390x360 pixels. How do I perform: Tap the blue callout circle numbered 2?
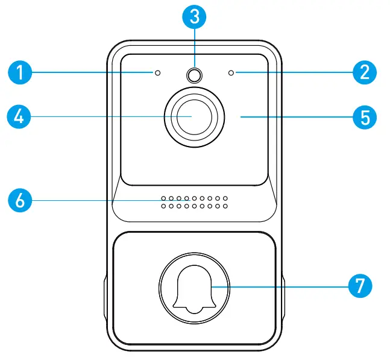tap(365, 73)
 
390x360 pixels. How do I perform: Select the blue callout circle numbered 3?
tap(194, 17)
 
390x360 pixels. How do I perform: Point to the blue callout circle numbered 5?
tap(365, 116)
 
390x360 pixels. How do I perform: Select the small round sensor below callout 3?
tap(194, 75)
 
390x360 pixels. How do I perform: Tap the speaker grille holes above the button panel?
tap(194, 201)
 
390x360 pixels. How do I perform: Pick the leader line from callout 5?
tap(295, 116)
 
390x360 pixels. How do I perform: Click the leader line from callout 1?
tap(90, 73)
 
